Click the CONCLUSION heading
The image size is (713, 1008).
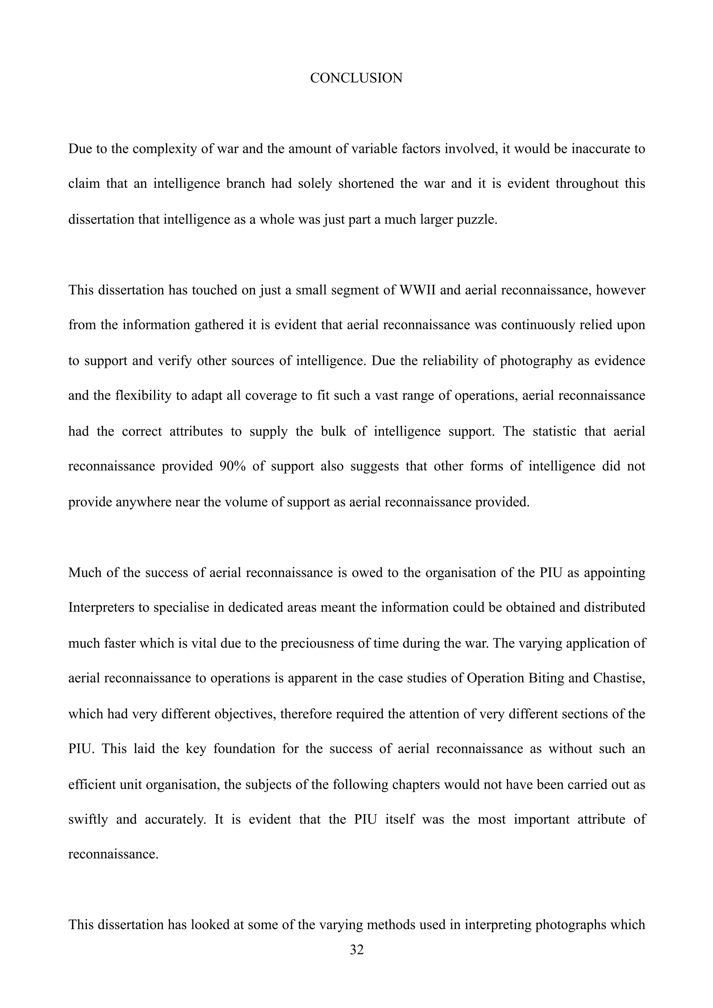[356, 78]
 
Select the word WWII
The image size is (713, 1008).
[417, 290]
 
